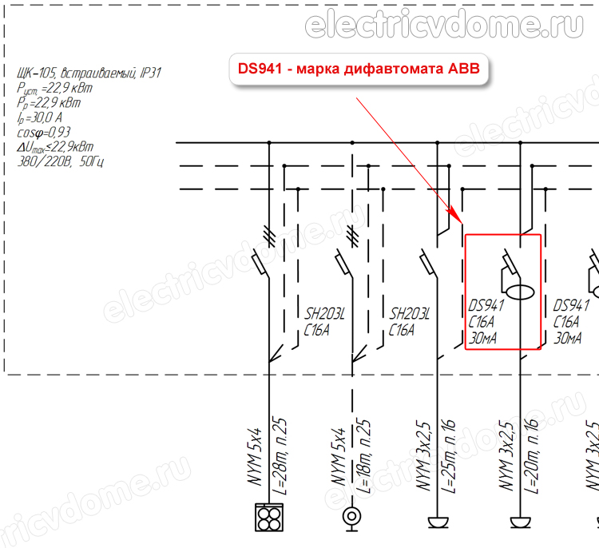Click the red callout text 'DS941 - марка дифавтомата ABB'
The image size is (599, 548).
359,69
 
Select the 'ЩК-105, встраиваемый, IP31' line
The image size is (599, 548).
89,73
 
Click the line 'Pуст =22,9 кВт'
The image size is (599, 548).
54,89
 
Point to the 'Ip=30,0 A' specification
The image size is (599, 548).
39,117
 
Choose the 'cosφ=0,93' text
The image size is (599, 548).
44,133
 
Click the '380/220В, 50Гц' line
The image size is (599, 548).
60,161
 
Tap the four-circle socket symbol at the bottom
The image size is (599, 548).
269,517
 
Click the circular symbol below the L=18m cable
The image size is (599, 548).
352,518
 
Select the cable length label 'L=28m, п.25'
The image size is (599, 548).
280,456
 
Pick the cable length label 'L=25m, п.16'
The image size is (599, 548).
449,456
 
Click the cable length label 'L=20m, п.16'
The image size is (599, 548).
531,456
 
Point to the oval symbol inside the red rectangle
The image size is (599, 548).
520,292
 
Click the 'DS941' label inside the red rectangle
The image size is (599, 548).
486,306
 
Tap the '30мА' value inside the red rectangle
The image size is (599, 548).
483,338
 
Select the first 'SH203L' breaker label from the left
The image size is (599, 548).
324,314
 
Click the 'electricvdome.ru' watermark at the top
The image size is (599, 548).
444,25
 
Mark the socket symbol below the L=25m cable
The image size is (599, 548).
438,522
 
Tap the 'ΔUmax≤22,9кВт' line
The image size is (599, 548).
55,147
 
